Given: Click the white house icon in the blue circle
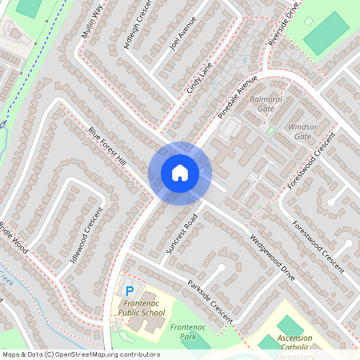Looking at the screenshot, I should (x=179, y=172).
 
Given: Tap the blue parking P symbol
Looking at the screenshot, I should (x=129, y=290).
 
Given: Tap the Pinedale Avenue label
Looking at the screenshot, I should (x=238, y=96).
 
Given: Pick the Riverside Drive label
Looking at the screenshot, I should (x=284, y=24).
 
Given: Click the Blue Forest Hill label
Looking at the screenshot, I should (x=108, y=148).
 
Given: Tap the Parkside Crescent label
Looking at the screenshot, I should (x=210, y=301).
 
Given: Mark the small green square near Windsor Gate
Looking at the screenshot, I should (x=270, y=130).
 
